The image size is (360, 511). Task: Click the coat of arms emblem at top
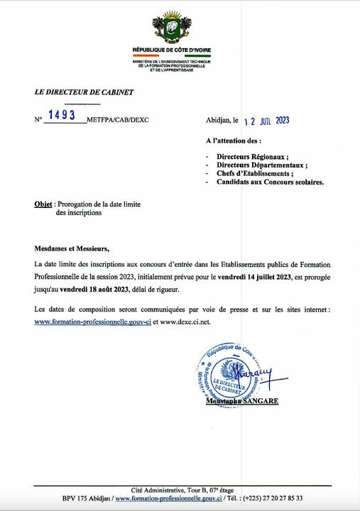click(x=171, y=28)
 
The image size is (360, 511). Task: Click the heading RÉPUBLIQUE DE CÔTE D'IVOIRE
click(x=171, y=50)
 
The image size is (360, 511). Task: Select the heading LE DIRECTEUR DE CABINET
click(x=84, y=92)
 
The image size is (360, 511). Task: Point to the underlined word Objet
click(x=43, y=204)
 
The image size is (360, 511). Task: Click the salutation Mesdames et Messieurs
click(x=72, y=248)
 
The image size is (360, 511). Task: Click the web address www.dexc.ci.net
click(x=186, y=322)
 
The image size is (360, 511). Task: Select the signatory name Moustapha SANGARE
click(x=242, y=402)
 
